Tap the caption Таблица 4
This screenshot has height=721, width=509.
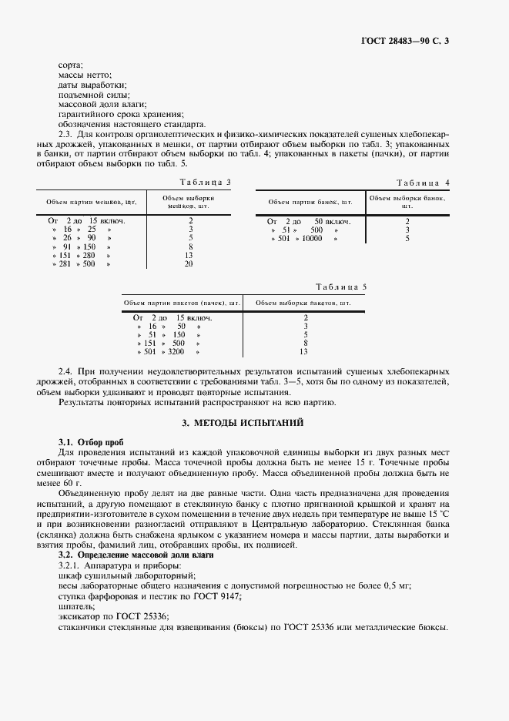click(x=423, y=183)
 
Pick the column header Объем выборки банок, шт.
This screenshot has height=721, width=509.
click(x=407, y=202)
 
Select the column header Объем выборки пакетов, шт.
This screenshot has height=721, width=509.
click(x=303, y=303)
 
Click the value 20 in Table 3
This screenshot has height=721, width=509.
click(x=189, y=263)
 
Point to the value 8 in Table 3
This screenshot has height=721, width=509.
click(x=189, y=246)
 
